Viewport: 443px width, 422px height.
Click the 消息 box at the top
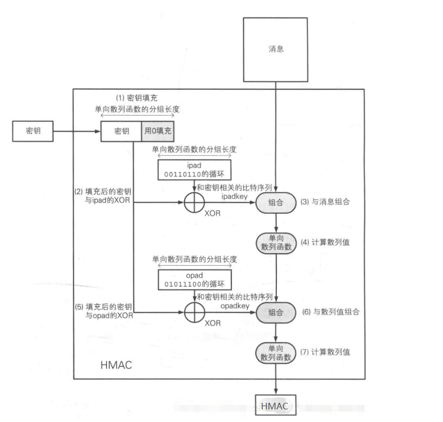pyautogui.click(x=276, y=49)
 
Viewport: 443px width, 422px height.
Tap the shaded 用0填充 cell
pyautogui.click(x=158, y=132)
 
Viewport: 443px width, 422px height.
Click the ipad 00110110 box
pyautogui.click(x=194, y=170)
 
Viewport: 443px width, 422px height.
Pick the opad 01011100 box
pyautogui.click(x=194, y=279)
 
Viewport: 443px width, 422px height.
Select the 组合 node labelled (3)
pyautogui.click(x=276, y=202)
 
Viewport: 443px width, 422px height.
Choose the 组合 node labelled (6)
pyautogui.click(x=276, y=312)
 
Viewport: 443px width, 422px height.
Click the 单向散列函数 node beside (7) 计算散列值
pyautogui.click(x=276, y=352)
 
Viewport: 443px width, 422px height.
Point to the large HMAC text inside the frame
pyautogui.click(x=116, y=365)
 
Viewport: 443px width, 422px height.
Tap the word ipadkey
pyautogui.click(x=235, y=195)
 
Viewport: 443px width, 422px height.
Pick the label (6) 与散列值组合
pyautogui.click(x=330, y=311)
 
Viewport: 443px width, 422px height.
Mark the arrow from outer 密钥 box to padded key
pyautogui.click(x=77, y=132)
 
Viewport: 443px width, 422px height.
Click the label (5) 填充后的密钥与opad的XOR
pyautogui.click(x=103, y=312)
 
